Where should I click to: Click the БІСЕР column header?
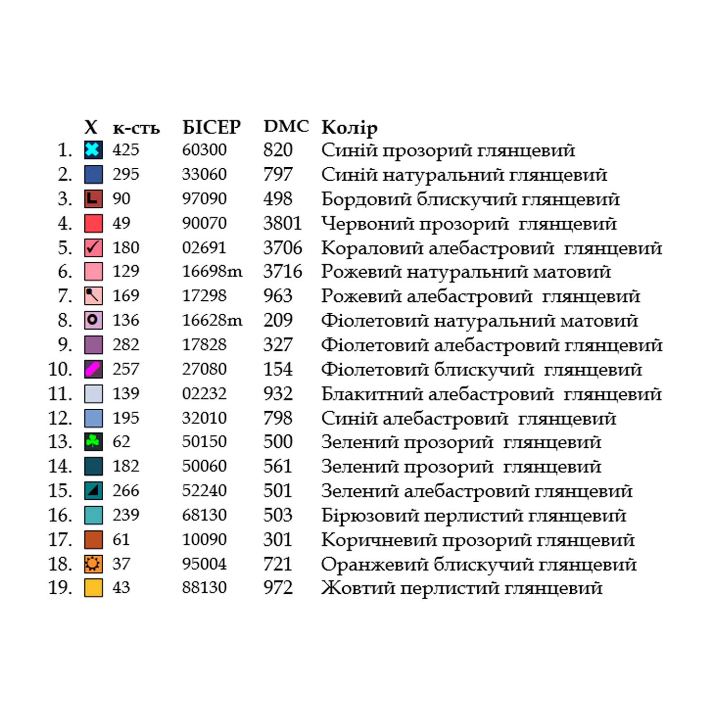tap(211, 127)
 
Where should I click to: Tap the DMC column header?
tap(286, 126)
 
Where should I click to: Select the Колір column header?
tap(349, 128)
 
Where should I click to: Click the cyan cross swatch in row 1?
tap(93, 150)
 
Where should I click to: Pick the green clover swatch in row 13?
tap(93, 442)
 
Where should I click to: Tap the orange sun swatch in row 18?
tap(93, 563)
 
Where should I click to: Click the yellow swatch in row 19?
tap(93, 588)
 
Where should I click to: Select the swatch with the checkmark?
tap(93, 248)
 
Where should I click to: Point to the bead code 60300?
tap(204, 150)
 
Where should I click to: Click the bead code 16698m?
tap(212, 272)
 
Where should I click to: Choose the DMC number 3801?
tap(282, 223)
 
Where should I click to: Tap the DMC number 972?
tap(278, 588)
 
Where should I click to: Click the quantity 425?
tap(126, 150)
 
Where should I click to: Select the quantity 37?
tap(121, 563)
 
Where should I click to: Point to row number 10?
tap(60, 369)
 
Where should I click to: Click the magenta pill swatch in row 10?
tap(93, 369)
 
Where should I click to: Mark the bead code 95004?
tap(204, 563)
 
